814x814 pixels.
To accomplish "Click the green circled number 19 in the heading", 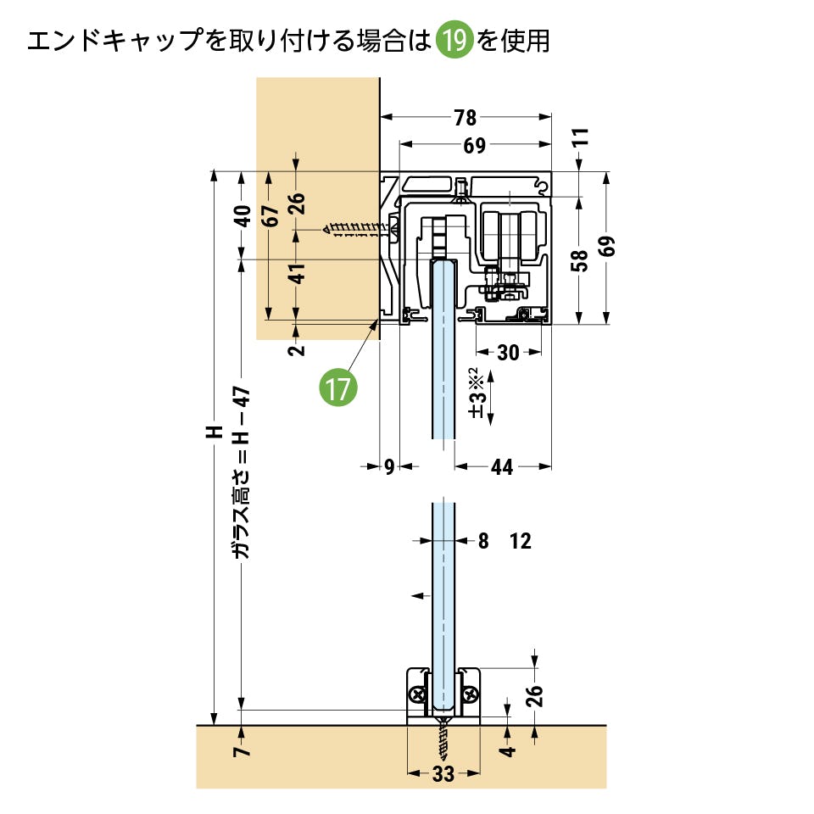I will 454,41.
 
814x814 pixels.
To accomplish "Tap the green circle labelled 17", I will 337,388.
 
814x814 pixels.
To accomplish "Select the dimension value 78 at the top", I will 466,118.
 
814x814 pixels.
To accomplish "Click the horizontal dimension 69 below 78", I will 474,146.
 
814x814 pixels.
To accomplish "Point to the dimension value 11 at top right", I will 580,138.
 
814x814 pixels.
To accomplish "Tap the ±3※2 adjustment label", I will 477,393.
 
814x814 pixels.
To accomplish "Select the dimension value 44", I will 502,467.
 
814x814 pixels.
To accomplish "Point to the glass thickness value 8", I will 483,541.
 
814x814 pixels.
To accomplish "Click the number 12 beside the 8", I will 521,541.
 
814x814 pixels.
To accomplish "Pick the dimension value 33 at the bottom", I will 443,773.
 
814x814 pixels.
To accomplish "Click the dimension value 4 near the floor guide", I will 507,751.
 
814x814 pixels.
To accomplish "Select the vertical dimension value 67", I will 269,216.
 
